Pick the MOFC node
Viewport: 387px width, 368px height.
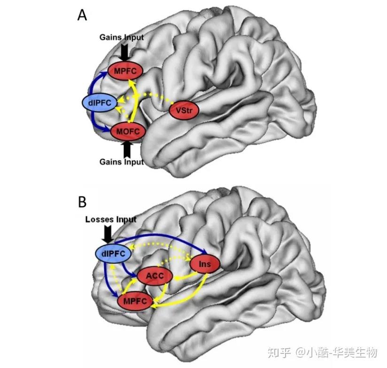pos(126,131)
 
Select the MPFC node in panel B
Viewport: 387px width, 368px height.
pos(136,300)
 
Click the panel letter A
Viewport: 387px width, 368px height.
pos(83,16)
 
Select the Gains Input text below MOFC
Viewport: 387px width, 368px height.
pos(121,162)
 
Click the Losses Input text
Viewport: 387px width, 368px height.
pos(111,219)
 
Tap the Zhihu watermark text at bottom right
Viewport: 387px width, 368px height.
pos(336,352)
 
